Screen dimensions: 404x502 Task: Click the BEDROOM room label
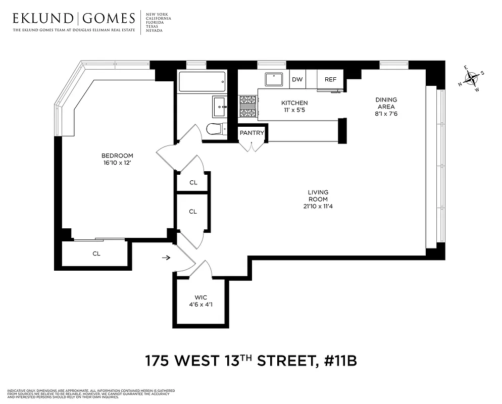pyautogui.click(x=117, y=156)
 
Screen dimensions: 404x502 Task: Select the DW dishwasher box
pyautogui.click(x=297, y=80)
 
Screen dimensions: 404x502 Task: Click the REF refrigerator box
pyautogui.click(x=330, y=80)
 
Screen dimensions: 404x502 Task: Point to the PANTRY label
pyautogui.click(x=252, y=133)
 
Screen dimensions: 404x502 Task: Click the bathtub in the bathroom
pyautogui.click(x=202, y=82)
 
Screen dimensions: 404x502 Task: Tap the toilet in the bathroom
pyautogui.click(x=216, y=129)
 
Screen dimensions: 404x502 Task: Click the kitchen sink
pyautogui.click(x=275, y=80)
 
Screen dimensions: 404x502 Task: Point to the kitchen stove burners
pyautogui.click(x=248, y=107)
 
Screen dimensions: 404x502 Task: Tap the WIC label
pyautogui.click(x=201, y=297)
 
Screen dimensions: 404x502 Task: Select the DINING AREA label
pyautogui.click(x=386, y=103)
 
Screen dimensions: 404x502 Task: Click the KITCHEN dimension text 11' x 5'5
pyautogui.click(x=294, y=110)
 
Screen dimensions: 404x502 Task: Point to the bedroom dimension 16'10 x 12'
pyautogui.click(x=117, y=163)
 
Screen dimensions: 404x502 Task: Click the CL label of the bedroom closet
pyautogui.click(x=96, y=254)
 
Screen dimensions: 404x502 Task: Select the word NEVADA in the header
pyautogui.click(x=153, y=31)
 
